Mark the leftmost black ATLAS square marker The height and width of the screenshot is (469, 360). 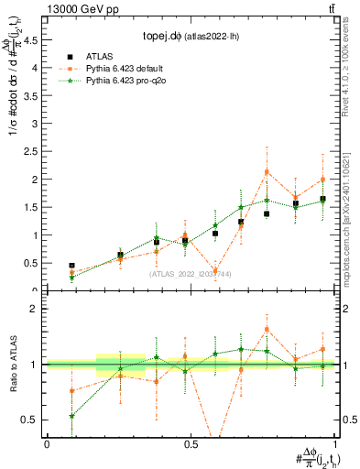[71, 266]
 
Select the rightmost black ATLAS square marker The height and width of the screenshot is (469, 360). [322, 199]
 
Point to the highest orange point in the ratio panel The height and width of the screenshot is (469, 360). [267, 329]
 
